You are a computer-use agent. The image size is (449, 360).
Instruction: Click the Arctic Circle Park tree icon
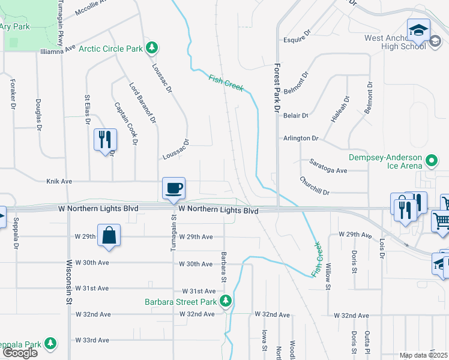click(152, 47)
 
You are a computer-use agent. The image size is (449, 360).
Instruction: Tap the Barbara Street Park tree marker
click(226, 301)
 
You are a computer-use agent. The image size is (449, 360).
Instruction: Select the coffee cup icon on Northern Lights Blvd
click(173, 188)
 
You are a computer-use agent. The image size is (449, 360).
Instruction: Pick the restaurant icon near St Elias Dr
click(105, 139)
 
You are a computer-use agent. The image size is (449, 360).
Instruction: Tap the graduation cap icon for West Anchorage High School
click(418, 29)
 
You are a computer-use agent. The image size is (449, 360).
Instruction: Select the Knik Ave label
click(59, 181)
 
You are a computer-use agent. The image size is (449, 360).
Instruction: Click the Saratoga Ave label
click(328, 170)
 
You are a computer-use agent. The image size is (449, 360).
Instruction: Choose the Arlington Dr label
click(301, 138)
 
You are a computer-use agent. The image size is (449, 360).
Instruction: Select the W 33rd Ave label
click(93, 340)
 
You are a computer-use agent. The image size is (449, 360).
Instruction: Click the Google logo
click(20, 353)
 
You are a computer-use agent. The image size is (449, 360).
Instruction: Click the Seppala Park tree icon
click(51, 344)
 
